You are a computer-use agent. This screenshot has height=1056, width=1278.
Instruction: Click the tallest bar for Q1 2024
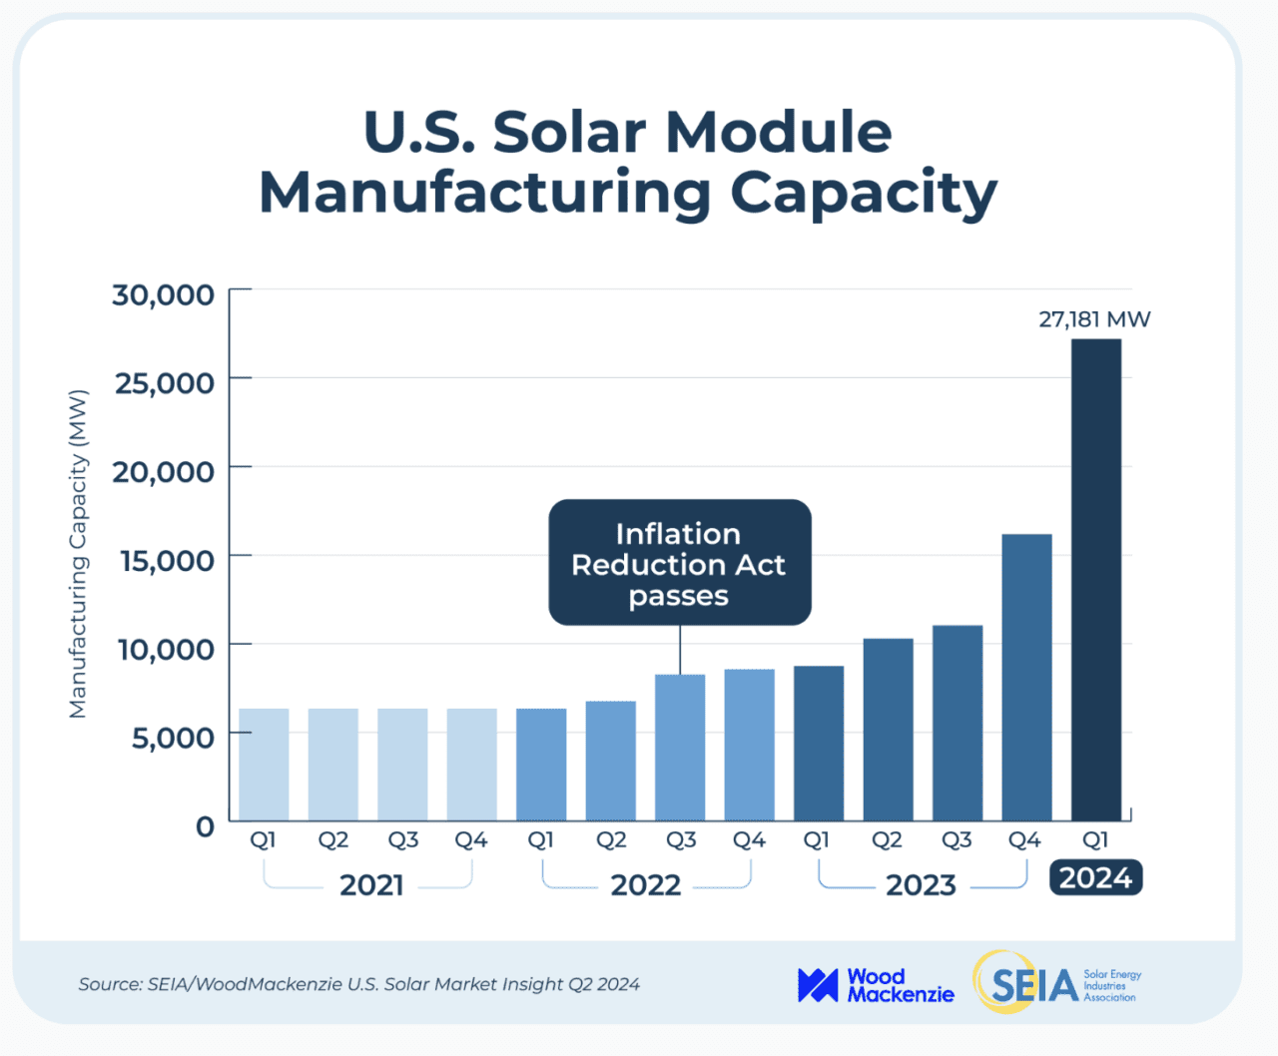pos(1095,579)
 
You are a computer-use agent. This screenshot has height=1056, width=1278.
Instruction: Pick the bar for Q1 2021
pos(264,764)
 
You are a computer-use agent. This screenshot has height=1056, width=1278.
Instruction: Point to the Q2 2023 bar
pos(888,729)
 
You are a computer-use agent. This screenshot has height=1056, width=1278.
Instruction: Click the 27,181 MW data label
pos(1094,319)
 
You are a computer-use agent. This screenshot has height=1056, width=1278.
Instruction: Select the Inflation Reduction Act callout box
pos(679,563)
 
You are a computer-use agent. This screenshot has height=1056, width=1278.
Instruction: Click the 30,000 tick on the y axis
pos(163,295)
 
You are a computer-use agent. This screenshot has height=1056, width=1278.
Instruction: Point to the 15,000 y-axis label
pos(166,561)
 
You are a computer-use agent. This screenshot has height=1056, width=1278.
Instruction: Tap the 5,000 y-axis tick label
pos(173,738)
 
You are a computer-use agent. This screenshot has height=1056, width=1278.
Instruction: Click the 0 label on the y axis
pos(205,826)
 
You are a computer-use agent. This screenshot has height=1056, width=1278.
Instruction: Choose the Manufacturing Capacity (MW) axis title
pos(78,554)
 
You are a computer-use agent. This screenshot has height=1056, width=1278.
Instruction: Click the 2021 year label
pos(371,885)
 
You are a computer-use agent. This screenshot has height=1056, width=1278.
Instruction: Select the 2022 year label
pos(645,885)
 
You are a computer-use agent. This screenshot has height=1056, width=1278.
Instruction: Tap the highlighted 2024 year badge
pos(1095,878)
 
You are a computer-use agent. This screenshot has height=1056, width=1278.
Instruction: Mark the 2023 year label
pos(921,885)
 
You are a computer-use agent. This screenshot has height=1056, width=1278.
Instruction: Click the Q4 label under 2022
pos(749,840)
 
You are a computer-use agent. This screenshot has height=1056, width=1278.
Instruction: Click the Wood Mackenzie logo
pos(875,985)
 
